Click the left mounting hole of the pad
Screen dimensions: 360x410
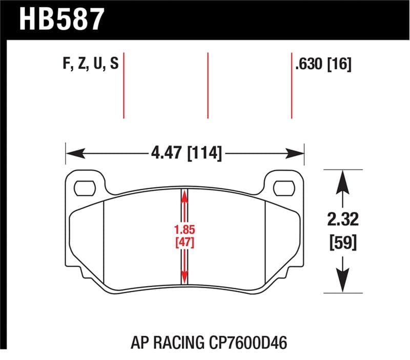coord(84,188)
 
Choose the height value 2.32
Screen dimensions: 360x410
coord(341,221)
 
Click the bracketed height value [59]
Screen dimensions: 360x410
coord(341,241)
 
